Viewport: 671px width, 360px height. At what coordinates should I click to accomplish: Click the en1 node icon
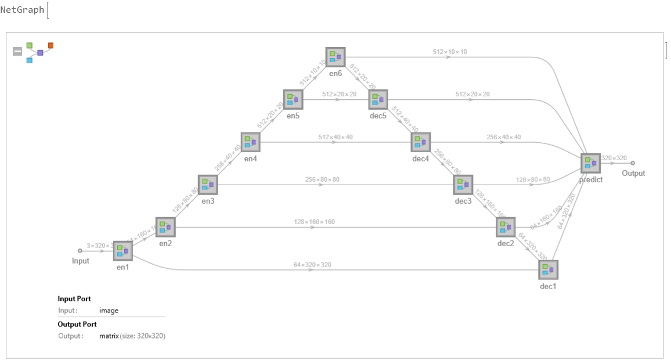coord(123,251)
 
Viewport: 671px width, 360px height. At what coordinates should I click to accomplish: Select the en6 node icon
coord(335,57)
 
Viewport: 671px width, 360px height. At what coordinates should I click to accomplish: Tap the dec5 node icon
coord(378,99)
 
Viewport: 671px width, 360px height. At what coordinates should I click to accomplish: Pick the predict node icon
coord(591,163)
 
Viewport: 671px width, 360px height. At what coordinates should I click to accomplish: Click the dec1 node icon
coord(548,269)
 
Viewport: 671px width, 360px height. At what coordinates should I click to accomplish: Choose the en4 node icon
coord(250,142)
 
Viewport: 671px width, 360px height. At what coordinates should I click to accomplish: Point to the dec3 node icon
coord(463,185)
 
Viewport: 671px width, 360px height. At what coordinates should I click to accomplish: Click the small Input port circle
coord(80,251)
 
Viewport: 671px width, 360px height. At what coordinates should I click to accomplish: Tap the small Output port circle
coord(633,163)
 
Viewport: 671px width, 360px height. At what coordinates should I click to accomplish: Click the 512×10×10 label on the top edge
coord(450,52)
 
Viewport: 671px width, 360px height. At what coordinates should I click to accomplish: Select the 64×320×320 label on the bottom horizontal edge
coord(312,265)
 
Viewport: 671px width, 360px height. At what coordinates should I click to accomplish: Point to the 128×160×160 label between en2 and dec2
coord(314,222)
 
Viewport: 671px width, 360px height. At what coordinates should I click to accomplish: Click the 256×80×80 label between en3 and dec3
coord(322,179)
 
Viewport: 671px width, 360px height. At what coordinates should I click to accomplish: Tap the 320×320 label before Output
coord(614,158)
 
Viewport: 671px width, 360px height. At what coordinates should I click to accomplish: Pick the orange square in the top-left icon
coord(51,45)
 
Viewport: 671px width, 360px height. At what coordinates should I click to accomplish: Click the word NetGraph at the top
coord(22,9)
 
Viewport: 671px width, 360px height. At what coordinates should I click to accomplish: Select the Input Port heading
coord(74,299)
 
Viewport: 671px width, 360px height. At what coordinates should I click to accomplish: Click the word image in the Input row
coord(109,311)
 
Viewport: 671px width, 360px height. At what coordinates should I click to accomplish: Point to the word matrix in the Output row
coord(109,336)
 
